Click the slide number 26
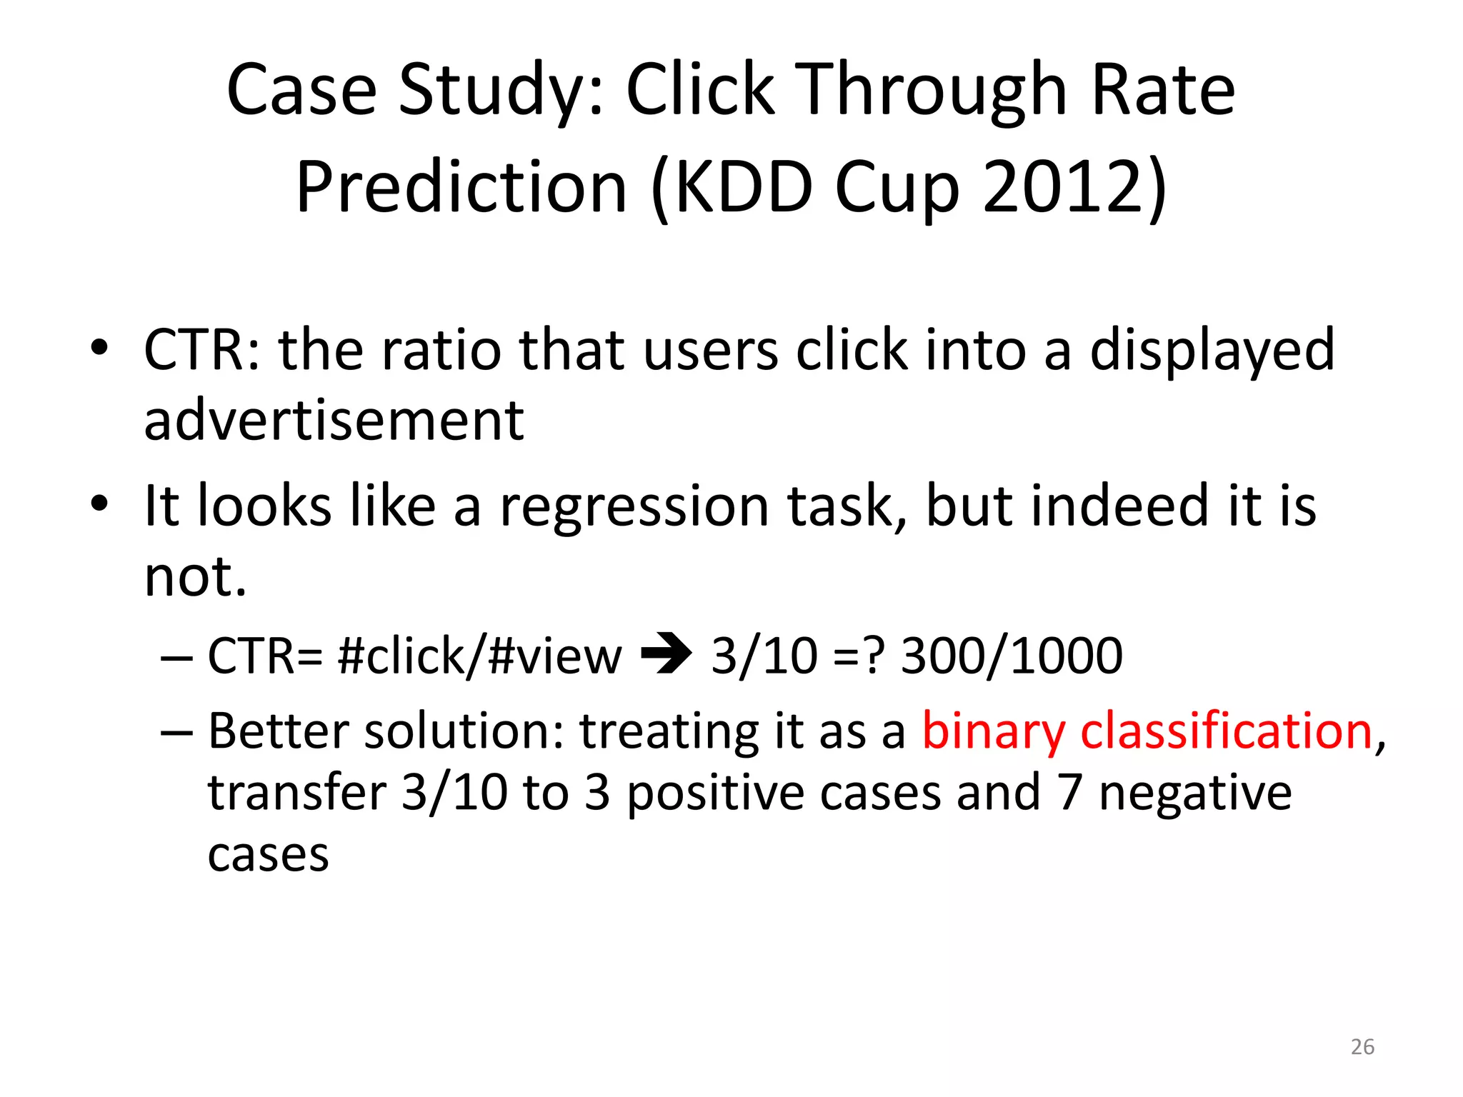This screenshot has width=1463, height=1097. (x=1362, y=1046)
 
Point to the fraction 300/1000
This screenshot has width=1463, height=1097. (x=1012, y=656)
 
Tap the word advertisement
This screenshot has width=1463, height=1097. (x=334, y=420)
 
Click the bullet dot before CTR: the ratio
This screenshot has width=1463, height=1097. (x=99, y=348)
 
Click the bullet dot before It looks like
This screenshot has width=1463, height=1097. (x=99, y=504)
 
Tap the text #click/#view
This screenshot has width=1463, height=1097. (x=479, y=656)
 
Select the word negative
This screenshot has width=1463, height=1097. (x=1195, y=793)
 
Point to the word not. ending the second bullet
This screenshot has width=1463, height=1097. (x=194, y=576)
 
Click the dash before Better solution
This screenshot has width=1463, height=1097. (x=176, y=733)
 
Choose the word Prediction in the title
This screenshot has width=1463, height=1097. (x=461, y=187)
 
